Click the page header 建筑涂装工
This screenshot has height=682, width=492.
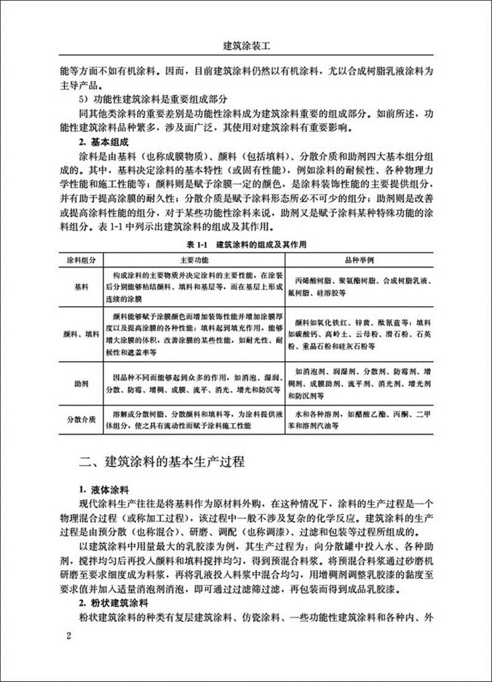[245, 48]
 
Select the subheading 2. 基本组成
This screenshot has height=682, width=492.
[107, 143]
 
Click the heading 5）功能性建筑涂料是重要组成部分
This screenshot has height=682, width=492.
[158, 98]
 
